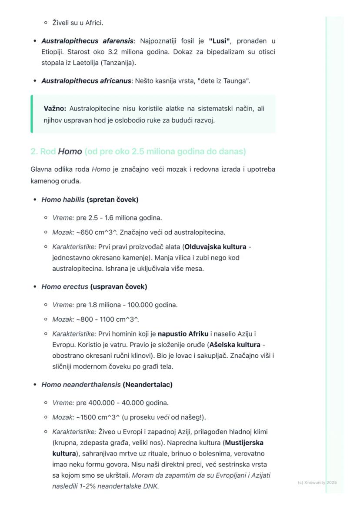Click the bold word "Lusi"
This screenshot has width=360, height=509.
click(x=219, y=41)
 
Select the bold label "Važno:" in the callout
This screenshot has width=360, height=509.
click(x=55, y=109)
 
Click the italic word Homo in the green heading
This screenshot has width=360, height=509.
click(x=70, y=152)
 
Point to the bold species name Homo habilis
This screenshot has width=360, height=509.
click(x=63, y=200)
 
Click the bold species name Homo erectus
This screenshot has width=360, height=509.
click(x=65, y=287)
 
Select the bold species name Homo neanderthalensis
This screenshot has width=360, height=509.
click(x=81, y=385)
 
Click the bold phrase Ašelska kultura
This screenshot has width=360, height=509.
click(x=235, y=345)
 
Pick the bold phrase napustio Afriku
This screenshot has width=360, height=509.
click(x=183, y=334)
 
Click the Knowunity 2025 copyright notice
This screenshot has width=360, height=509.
click(x=317, y=482)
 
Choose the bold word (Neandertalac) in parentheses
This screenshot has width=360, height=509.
click(x=147, y=385)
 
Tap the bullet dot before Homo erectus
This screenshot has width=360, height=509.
click(x=35, y=287)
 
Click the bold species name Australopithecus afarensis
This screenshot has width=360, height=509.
click(x=87, y=41)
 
